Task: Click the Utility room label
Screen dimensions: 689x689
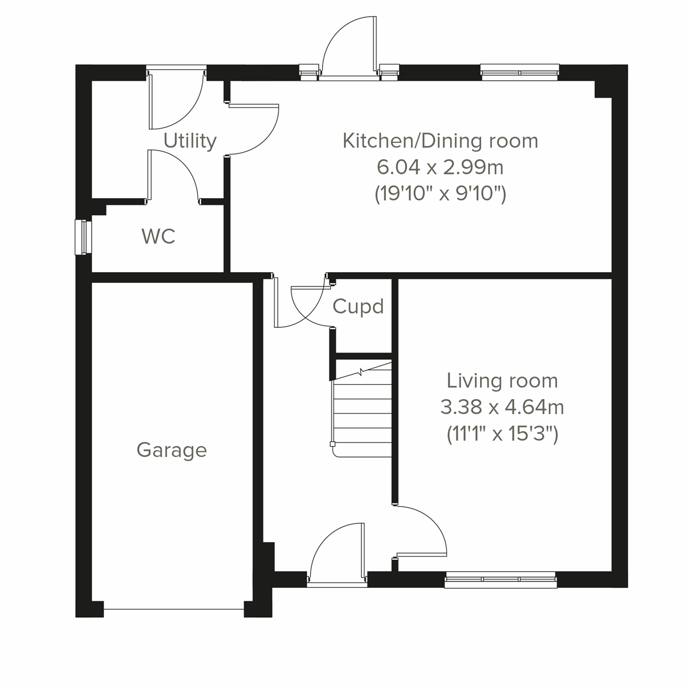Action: [x=189, y=141]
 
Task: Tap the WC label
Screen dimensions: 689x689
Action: [x=158, y=236]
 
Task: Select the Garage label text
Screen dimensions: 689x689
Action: [x=172, y=450]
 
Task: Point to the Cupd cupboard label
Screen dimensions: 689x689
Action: [x=358, y=307]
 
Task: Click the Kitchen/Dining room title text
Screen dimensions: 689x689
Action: [x=440, y=141]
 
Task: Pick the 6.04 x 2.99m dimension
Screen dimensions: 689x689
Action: [x=440, y=168]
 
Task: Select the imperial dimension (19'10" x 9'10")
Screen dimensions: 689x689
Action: [x=440, y=194]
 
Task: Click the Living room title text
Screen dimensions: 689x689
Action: [x=502, y=381]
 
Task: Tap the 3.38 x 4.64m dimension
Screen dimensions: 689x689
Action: [x=502, y=408]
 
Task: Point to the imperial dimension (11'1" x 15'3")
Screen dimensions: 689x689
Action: [x=502, y=434]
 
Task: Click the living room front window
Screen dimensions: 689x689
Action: [x=500, y=580]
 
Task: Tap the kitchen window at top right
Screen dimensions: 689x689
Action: [x=520, y=72]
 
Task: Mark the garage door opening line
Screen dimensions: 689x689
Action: [x=174, y=610]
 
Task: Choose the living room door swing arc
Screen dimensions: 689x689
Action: [x=422, y=531]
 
